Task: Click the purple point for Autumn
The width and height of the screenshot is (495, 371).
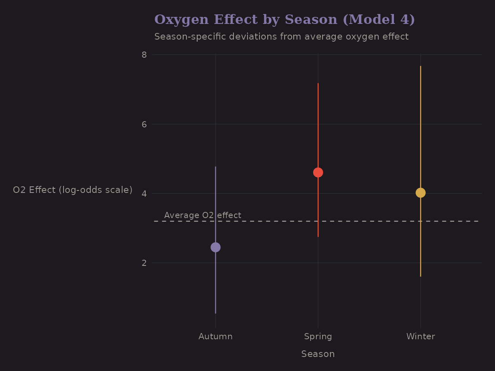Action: click(x=215, y=247)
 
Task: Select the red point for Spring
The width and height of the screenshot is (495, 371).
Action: click(x=318, y=172)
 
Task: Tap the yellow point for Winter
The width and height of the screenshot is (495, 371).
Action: click(x=420, y=193)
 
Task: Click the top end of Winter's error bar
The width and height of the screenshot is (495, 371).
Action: click(x=420, y=66)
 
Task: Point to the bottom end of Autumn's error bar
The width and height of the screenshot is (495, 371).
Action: click(x=215, y=313)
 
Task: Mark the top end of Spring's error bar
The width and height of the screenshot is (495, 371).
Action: click(x=318, y=83)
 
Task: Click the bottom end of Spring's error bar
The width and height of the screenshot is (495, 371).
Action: click(x=318, y=237)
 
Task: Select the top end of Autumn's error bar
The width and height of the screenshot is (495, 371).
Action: click(x=215, y=167)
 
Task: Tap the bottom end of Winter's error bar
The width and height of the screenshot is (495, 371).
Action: click(x=420, y=276)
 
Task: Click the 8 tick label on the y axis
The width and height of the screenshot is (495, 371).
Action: click(x=144, y=54)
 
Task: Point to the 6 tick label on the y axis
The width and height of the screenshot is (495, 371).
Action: click(x=144, y=124)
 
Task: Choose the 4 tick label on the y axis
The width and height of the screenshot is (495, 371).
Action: click(x=144, y=193)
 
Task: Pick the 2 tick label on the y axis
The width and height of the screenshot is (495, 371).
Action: click(x=144, y=263)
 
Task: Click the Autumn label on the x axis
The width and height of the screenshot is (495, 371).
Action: click(x=215, y=336)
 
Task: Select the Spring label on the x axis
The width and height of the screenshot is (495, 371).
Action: click(x=318, y=336)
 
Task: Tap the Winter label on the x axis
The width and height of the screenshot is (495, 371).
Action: click(x=420, y=336)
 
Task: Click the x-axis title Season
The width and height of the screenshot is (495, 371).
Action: click(x=318, y=354)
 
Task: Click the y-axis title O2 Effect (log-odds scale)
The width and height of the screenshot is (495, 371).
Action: click(x=73, y=190)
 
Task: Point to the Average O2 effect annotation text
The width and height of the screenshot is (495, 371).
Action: click(x=203, y=215)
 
